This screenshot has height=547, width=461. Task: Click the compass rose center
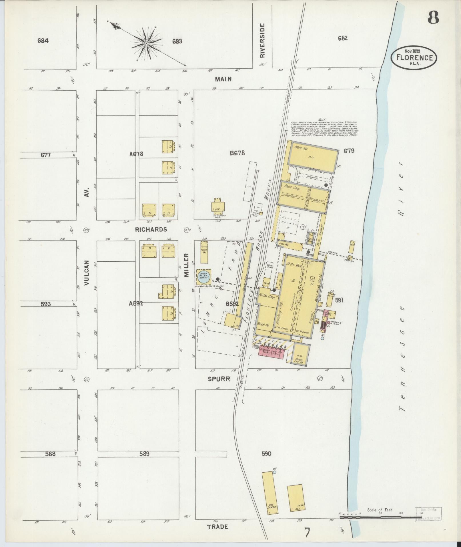tap(146, 43)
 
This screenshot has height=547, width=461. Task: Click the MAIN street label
tap(223, 79)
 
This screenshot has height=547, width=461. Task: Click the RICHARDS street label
tap(151, 229)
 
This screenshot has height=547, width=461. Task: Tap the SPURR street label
tap(219, 379)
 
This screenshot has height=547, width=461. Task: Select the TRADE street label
tap(217, 526)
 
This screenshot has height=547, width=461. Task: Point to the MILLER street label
tap(186, 264)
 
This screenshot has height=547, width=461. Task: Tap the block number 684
tap(43, 41)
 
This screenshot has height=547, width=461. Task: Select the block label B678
tap(237, 153)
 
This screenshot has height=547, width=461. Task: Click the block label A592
tap(136, 304)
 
